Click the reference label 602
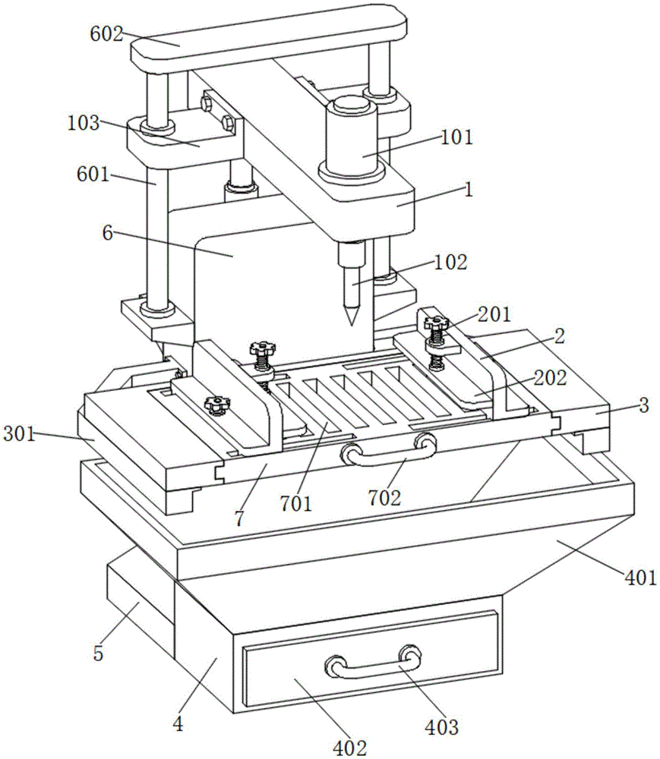[106, 35]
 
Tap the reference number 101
[456, 137]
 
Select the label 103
[84, 123]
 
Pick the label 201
[495, 314]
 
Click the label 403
[442, 726]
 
